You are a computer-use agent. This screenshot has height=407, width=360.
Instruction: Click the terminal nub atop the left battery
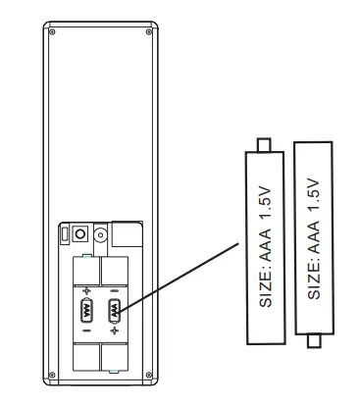point(261,145)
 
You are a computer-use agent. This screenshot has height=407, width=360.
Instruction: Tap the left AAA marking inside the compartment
point(86,312)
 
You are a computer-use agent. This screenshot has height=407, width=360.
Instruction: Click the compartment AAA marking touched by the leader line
point(114,312)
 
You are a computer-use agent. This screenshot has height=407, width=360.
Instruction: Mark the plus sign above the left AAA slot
point(86,290)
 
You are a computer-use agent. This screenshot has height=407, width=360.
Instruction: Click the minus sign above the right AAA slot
point(114,290)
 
